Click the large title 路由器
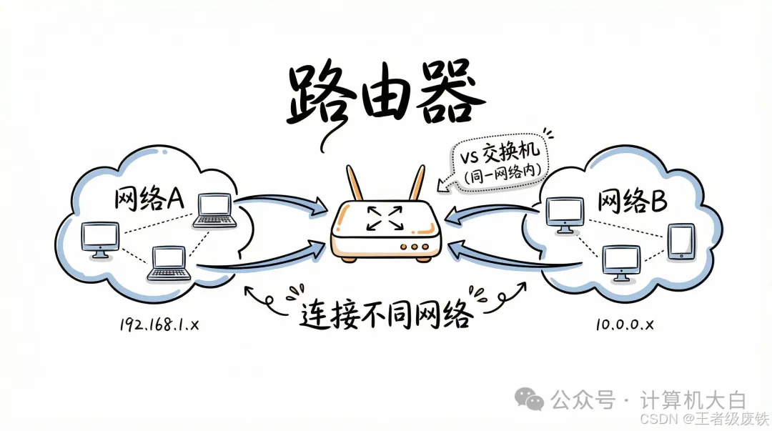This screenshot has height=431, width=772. tap(381, 96)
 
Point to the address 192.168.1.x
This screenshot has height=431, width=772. tap(160, 325)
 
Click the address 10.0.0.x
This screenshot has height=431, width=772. tap(624, 325)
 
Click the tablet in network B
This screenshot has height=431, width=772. tap(681, 241)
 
